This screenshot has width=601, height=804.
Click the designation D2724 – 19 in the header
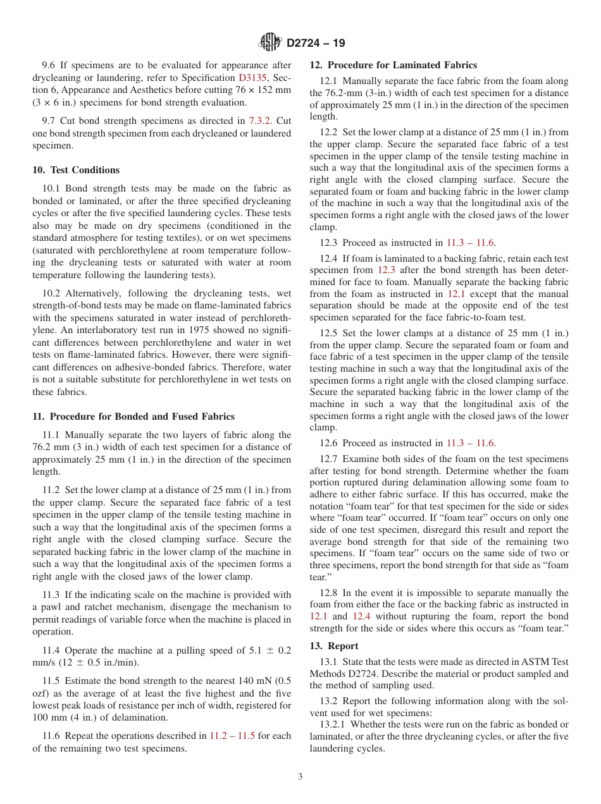tap(316, 44)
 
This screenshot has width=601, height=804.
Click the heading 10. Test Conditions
tap(76, 170)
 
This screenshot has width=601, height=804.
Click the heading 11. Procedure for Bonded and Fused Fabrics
tap(133, 417)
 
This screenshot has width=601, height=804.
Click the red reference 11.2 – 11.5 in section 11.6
tap(232, 736)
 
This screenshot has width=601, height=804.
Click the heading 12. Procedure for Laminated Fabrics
tap(393, 65)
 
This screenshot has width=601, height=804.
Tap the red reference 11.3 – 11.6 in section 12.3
tap(471, 243)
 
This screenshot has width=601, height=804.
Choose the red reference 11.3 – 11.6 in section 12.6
tap(471, 443)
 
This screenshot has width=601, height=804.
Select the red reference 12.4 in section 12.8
tap(362, 616)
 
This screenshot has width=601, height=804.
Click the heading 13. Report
tap(334, 646)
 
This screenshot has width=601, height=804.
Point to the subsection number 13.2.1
tap(332, 724)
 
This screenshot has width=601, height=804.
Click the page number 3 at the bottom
tap(300, 777)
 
